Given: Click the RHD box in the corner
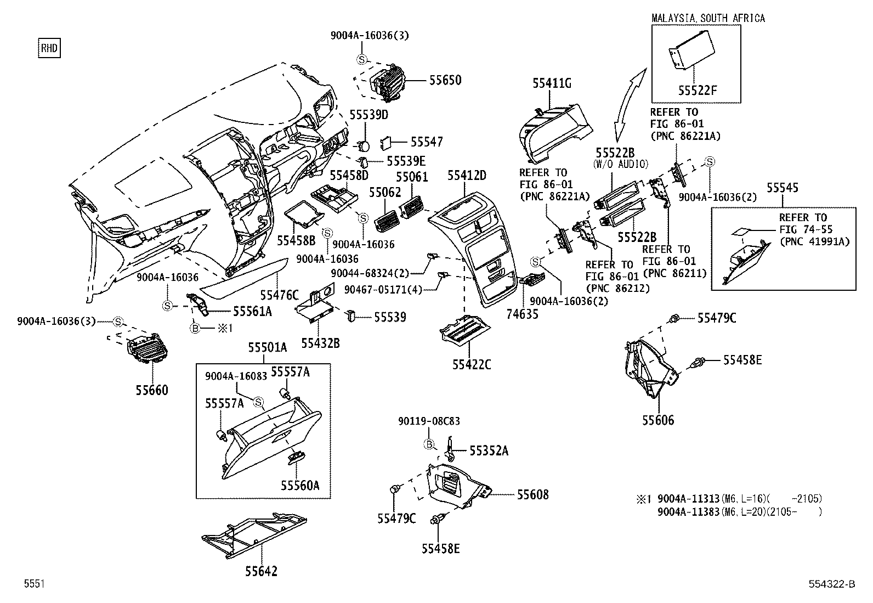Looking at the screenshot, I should tap(49, 48).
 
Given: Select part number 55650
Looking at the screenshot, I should tap(445, 80).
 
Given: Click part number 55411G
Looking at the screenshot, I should tap(552, 83).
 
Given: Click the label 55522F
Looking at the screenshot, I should tap(697, 91).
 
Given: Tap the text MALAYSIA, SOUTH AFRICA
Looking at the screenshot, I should tap(707, 18).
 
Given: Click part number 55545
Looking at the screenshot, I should tap(782, 188).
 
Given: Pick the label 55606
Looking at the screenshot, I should tap(658, 420).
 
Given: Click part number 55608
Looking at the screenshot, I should tap(532, 494).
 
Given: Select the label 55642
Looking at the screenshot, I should tap(261, 571).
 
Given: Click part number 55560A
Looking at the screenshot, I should tap(299, 485).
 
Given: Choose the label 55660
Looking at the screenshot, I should tap(152, 390).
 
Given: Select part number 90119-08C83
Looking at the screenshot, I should tap(429, 421).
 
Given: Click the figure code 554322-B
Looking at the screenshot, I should tap(831, 584).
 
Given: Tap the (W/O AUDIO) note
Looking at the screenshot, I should tap(621, 164).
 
